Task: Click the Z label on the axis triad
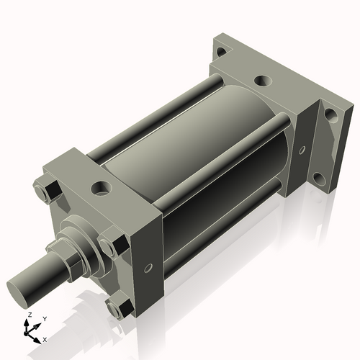(29, 315)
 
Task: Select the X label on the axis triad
(45, 338)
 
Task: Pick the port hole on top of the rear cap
(263, 81)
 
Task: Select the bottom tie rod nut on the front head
(117, 308)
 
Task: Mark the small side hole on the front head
(148, 268)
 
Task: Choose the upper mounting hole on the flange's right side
(330, 114)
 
